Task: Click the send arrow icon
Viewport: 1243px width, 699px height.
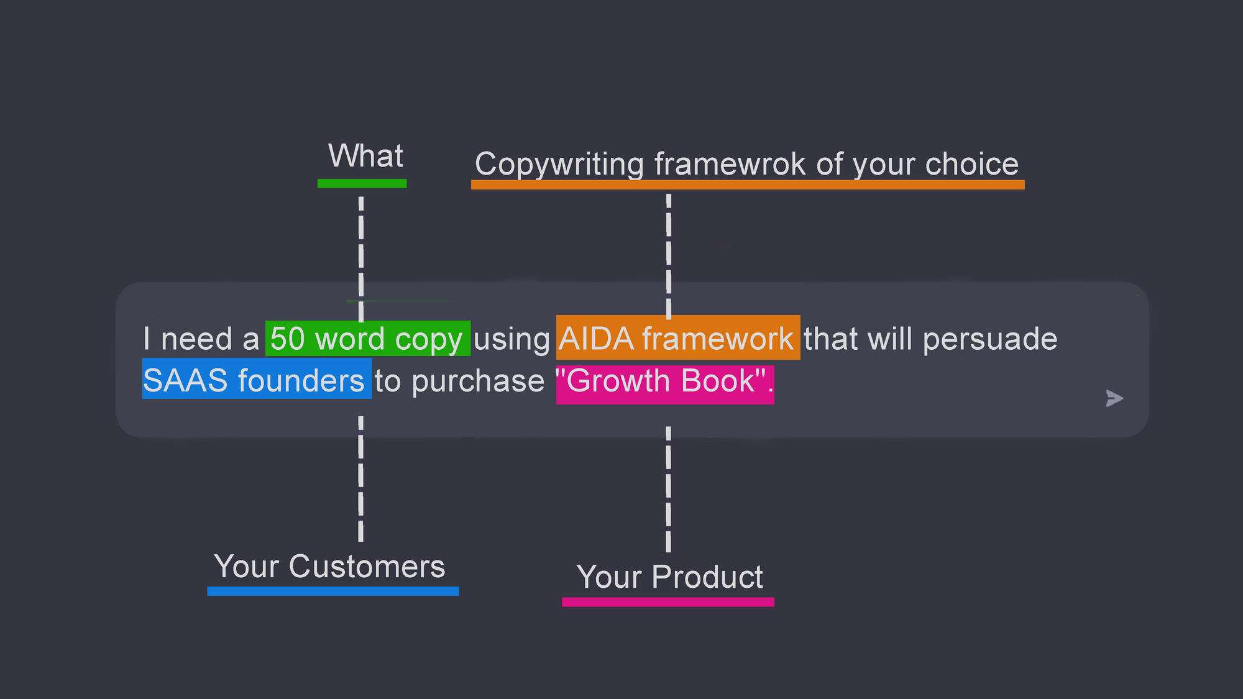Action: point(1114,398)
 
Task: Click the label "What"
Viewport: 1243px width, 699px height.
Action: point(366,155)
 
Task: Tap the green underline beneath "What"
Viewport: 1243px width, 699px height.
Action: point(362,183)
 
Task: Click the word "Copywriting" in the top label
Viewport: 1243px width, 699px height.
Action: point(559,165)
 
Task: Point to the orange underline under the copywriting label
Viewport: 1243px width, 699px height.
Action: point(748,185)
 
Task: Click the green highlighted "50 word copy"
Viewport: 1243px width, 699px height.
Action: point(368,339)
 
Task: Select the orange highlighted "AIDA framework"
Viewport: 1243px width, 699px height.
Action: point(678,337)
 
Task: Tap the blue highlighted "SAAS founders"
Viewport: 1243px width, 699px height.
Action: point(257,378)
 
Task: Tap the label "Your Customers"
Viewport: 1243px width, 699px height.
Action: point(329,567)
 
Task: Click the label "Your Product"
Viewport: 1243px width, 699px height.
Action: point(669,577)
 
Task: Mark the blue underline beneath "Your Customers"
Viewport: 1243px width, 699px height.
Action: point(333,591)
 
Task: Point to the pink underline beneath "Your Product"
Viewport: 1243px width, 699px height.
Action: point(668,602)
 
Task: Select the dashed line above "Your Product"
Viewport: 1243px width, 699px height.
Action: point(669,489)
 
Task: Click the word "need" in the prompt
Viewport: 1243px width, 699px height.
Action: point(197,339)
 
